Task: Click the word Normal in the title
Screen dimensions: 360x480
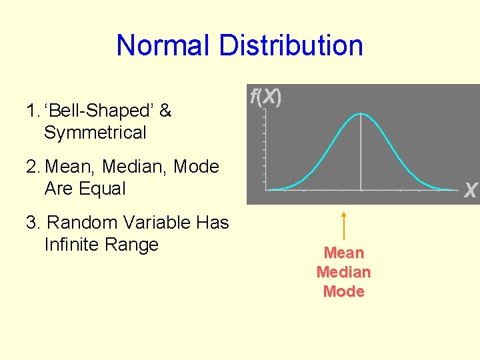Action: click(162, 46)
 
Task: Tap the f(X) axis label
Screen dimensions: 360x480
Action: click(265, 97)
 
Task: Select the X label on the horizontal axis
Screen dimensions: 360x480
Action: click(470, 191)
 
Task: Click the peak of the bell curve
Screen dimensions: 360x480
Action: click(361, 114)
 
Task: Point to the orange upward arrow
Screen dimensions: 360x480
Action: click(343, 225)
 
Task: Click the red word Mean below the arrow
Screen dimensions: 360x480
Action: click(343, 253)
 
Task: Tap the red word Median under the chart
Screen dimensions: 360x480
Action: click(343, 272)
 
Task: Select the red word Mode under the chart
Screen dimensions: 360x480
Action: click(343, 291)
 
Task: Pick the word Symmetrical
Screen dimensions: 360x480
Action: click(95, 133)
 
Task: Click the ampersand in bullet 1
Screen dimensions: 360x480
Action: click(165, 111)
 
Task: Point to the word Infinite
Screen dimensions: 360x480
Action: click(71, 245)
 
